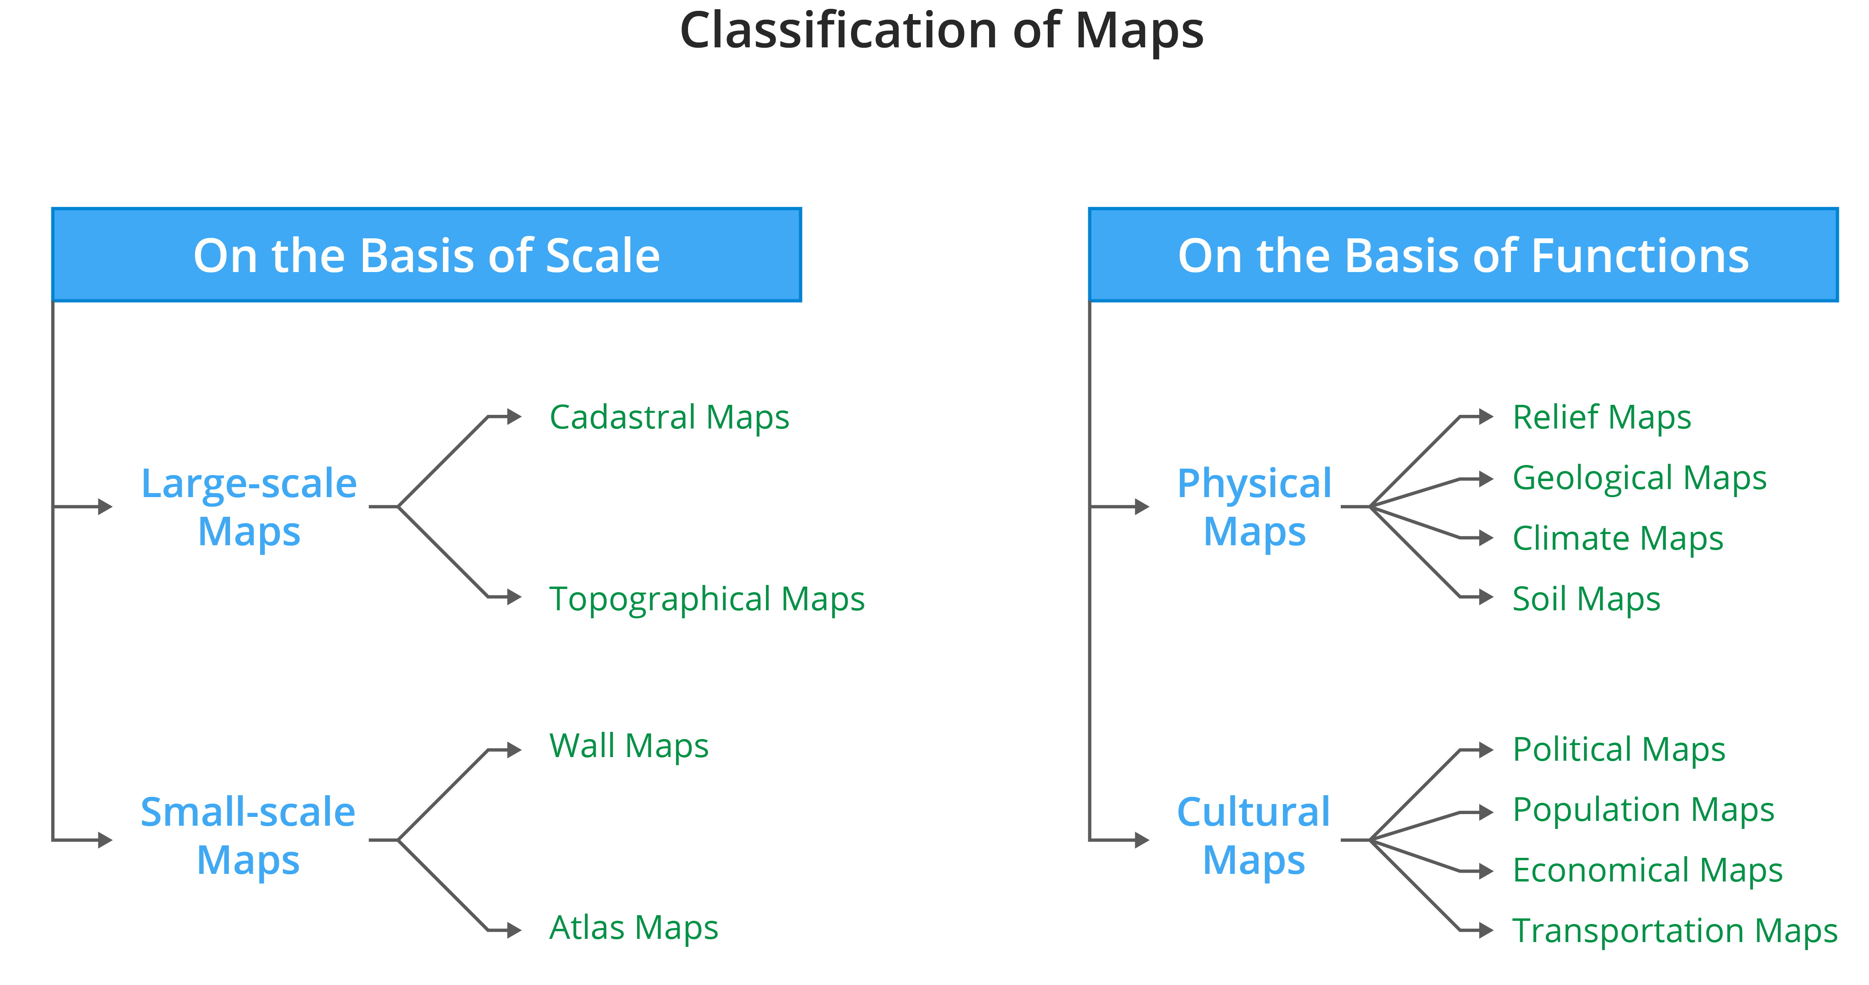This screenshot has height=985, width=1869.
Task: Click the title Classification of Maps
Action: [941, 30]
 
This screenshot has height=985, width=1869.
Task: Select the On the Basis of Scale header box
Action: [427, 255]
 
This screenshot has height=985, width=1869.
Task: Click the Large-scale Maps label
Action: [249, 507]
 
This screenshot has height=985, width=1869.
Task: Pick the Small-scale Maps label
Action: [248, 836]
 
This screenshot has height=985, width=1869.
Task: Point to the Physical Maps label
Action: [1254, 507]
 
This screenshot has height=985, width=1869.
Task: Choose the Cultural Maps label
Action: [1254, 836]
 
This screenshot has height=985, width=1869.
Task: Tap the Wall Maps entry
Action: [628, 746]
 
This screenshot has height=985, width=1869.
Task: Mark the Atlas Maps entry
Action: [633, 928]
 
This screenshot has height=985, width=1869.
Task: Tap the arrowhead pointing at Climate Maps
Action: [1485, 538]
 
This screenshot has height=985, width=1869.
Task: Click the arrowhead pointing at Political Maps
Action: [1485, 750]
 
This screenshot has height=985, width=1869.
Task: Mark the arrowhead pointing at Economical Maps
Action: [1485, 871]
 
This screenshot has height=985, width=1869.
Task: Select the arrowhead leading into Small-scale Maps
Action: [105, 840]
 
